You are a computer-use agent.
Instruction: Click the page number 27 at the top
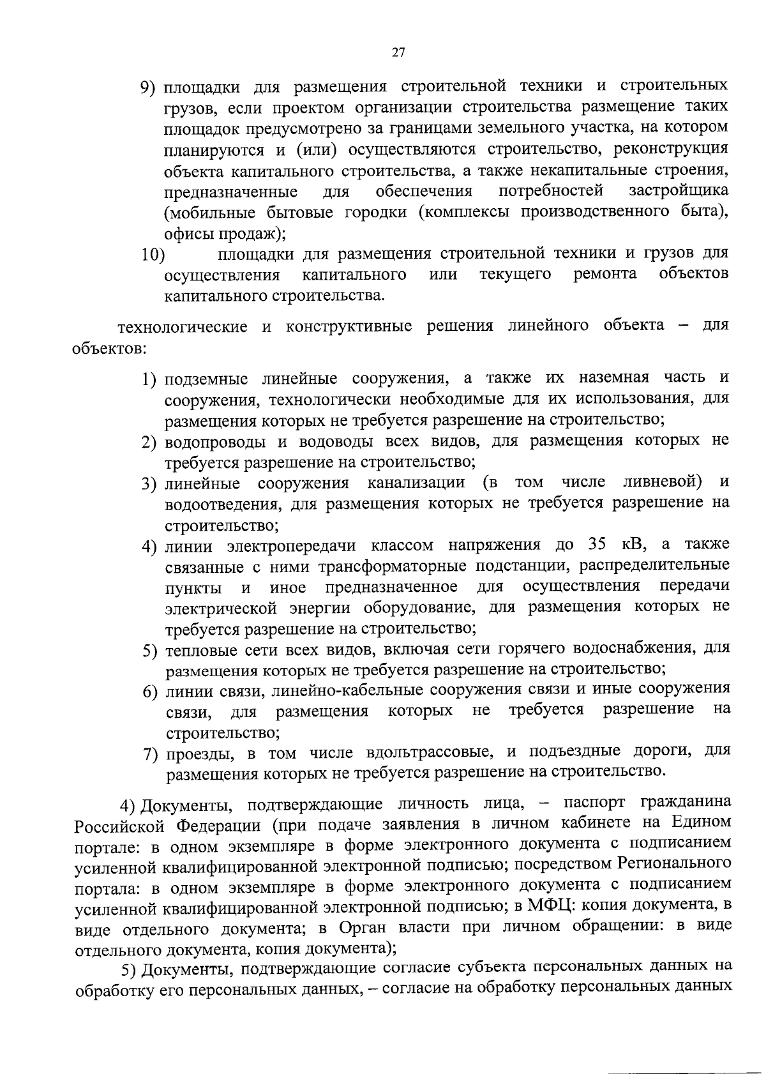point(398,53)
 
